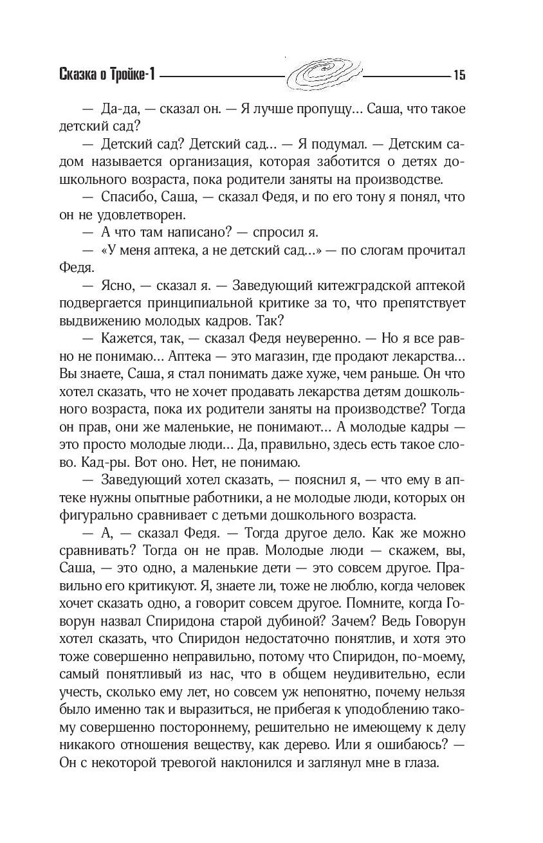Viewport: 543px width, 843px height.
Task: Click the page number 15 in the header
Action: coord(459,75)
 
